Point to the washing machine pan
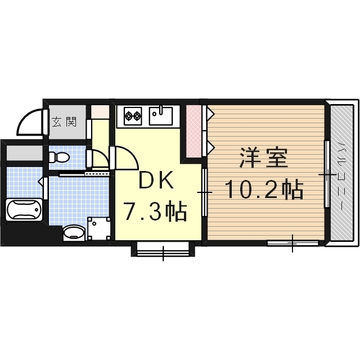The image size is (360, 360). pos(98,228)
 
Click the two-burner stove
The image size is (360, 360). pos(132,116)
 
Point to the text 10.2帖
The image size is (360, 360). pos(264,190)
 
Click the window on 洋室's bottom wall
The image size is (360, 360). pos(292,243)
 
